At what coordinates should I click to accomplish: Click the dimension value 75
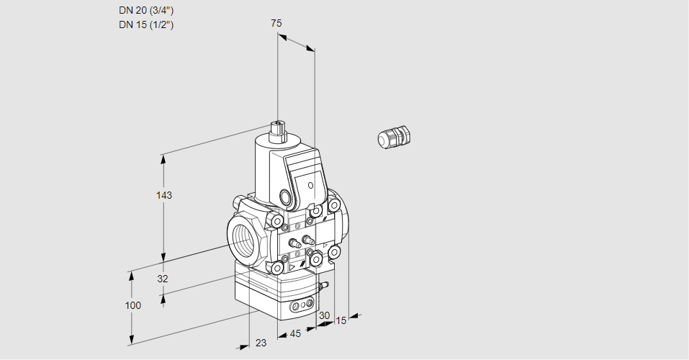[276, 23]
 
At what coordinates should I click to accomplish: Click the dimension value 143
[165, 195]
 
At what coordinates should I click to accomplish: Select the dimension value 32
[163, 279]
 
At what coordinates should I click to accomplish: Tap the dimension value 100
[133, 305]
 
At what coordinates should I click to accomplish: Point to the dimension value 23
[261, 343]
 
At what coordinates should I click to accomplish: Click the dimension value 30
[324, 315]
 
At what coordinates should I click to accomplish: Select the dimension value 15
[341, 320]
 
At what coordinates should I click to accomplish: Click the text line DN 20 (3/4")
[146, 11]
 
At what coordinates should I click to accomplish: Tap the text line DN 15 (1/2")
[146, 25]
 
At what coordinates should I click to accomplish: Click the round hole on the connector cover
[311, 186]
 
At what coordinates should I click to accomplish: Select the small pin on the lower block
[324, 287]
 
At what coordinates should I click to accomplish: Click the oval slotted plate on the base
[302, 307]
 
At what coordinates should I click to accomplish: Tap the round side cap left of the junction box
[285, 197]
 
